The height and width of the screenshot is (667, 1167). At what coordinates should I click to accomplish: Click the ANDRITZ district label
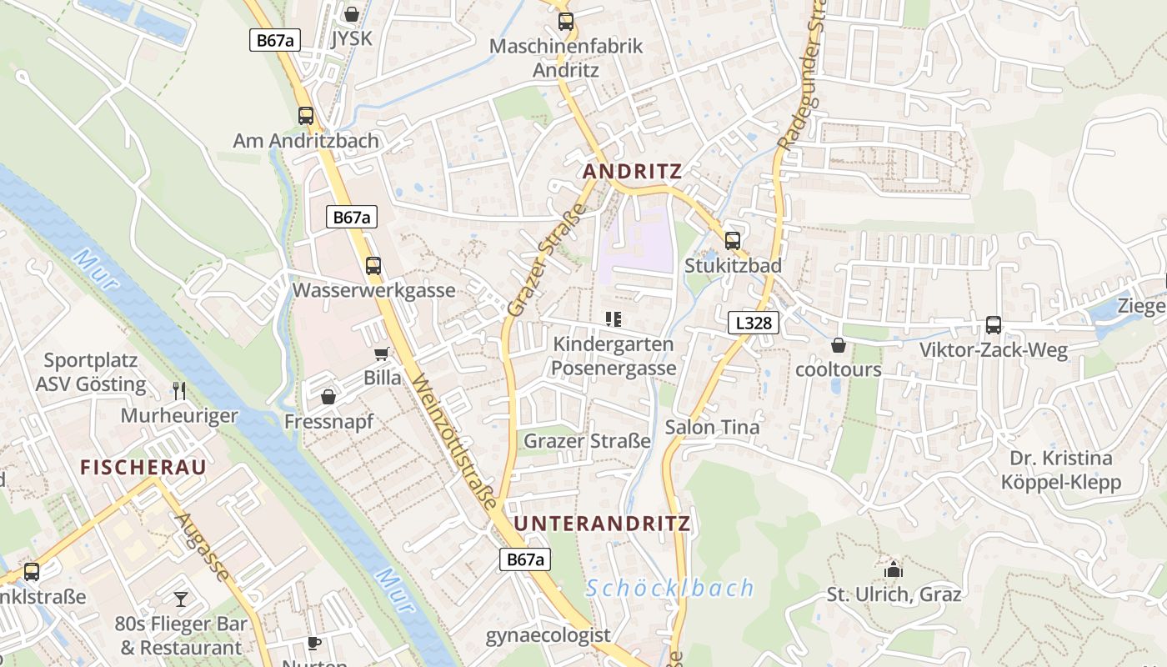click(632, 172)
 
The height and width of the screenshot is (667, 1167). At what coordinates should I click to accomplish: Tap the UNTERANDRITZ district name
click(602, 524)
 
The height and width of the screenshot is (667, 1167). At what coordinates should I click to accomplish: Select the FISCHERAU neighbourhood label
click(143, 468)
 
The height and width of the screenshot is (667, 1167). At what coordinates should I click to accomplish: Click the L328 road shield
click(753, 323)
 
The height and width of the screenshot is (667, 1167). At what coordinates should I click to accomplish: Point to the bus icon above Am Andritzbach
click(306, 116)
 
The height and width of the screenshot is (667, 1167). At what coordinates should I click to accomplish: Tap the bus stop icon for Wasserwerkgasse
click(373, 266)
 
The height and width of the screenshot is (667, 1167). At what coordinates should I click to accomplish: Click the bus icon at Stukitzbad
click(733, 241)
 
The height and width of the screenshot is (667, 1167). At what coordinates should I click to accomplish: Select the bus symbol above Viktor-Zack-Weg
click(993, 325)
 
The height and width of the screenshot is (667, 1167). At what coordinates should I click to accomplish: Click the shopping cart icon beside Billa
click(382, 354)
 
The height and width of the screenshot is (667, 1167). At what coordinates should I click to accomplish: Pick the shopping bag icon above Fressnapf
click(328, 397)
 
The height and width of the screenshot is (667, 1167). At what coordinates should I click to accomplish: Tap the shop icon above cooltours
click(838, 344)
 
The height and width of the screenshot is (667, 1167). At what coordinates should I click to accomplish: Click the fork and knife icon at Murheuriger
click(179, 390)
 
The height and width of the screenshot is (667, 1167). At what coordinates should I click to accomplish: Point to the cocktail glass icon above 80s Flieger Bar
click(181, 599)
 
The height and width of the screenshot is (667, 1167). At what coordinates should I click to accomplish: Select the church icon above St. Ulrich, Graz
click(894, 570)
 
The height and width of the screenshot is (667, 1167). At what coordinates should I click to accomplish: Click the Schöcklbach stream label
click(669, 589)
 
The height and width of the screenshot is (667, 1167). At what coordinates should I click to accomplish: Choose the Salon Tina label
click(712, 428)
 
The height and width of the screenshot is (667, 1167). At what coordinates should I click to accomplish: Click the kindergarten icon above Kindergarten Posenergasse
click(614, 318)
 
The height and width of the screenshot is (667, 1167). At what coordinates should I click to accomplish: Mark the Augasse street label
click(203, 546)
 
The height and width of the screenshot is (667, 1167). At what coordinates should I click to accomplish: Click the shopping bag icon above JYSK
click(352, 14)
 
